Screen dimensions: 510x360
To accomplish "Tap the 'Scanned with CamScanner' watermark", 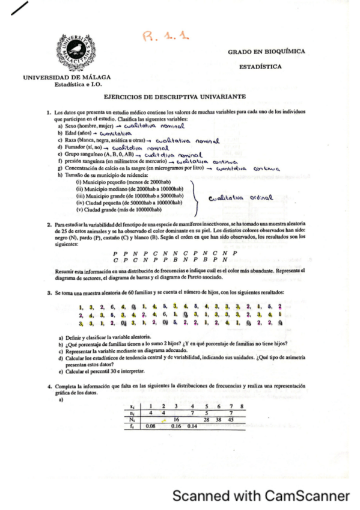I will pos(260,496).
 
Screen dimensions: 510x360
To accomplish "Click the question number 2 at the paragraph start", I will pos(49,224).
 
